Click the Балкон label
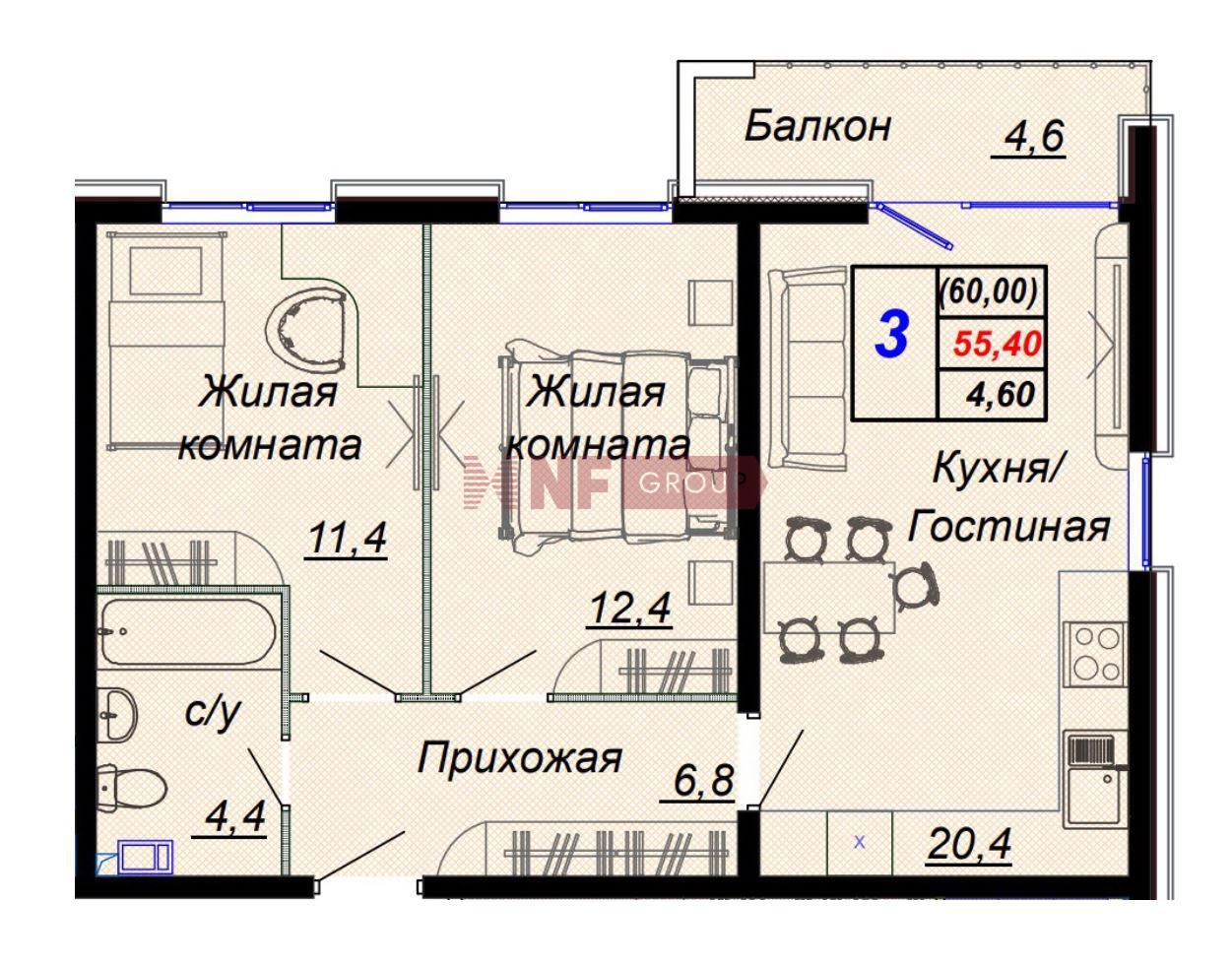pos(817,127)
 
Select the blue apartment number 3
pos(892,335)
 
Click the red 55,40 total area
pos(998,344)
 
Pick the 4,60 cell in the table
pos(1001,395)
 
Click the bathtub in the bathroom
pos(188,632)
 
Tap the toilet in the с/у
pos(132,789)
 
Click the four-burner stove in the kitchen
pos(1095,654)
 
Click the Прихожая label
pos(519,758)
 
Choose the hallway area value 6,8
pos(703,781)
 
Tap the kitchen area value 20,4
pos(968,844)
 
